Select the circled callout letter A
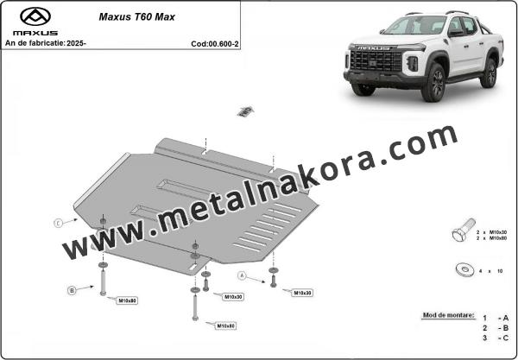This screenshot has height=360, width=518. pos(243,275)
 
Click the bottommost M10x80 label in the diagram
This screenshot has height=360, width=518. pos(226,325)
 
